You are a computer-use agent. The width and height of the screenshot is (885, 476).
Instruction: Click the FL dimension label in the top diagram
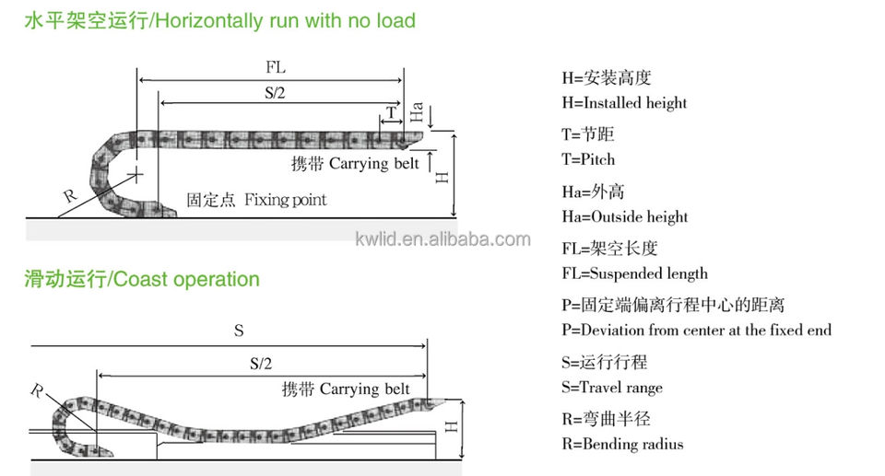[274, 68]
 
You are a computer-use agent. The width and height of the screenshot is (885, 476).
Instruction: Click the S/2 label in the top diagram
[276, 92]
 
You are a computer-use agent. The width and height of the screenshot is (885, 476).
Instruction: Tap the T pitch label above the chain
[391, 113]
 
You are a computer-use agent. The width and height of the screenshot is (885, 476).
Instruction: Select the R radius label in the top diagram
[69, 195]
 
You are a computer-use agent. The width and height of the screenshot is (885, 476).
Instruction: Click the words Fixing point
[286, 199]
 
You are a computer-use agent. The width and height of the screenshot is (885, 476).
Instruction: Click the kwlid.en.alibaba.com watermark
[442, 239]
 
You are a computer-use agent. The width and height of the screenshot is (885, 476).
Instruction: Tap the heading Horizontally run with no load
[286, 19]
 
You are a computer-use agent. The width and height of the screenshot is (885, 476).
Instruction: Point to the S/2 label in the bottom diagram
[261, 363]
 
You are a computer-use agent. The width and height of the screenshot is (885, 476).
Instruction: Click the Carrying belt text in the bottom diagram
[364, 389]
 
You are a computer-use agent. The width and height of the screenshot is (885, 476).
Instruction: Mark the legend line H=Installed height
[624, 103]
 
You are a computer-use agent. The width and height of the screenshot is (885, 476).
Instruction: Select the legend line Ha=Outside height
[624, 216]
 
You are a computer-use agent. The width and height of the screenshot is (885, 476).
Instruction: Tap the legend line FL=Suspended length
[634, 273]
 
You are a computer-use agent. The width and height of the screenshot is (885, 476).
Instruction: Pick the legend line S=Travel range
[611, 387]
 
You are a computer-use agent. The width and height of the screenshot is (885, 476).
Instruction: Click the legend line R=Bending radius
[622, 444]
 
